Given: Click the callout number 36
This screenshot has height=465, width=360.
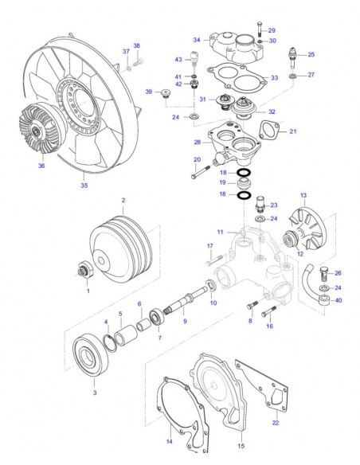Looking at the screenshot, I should (41, 166).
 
